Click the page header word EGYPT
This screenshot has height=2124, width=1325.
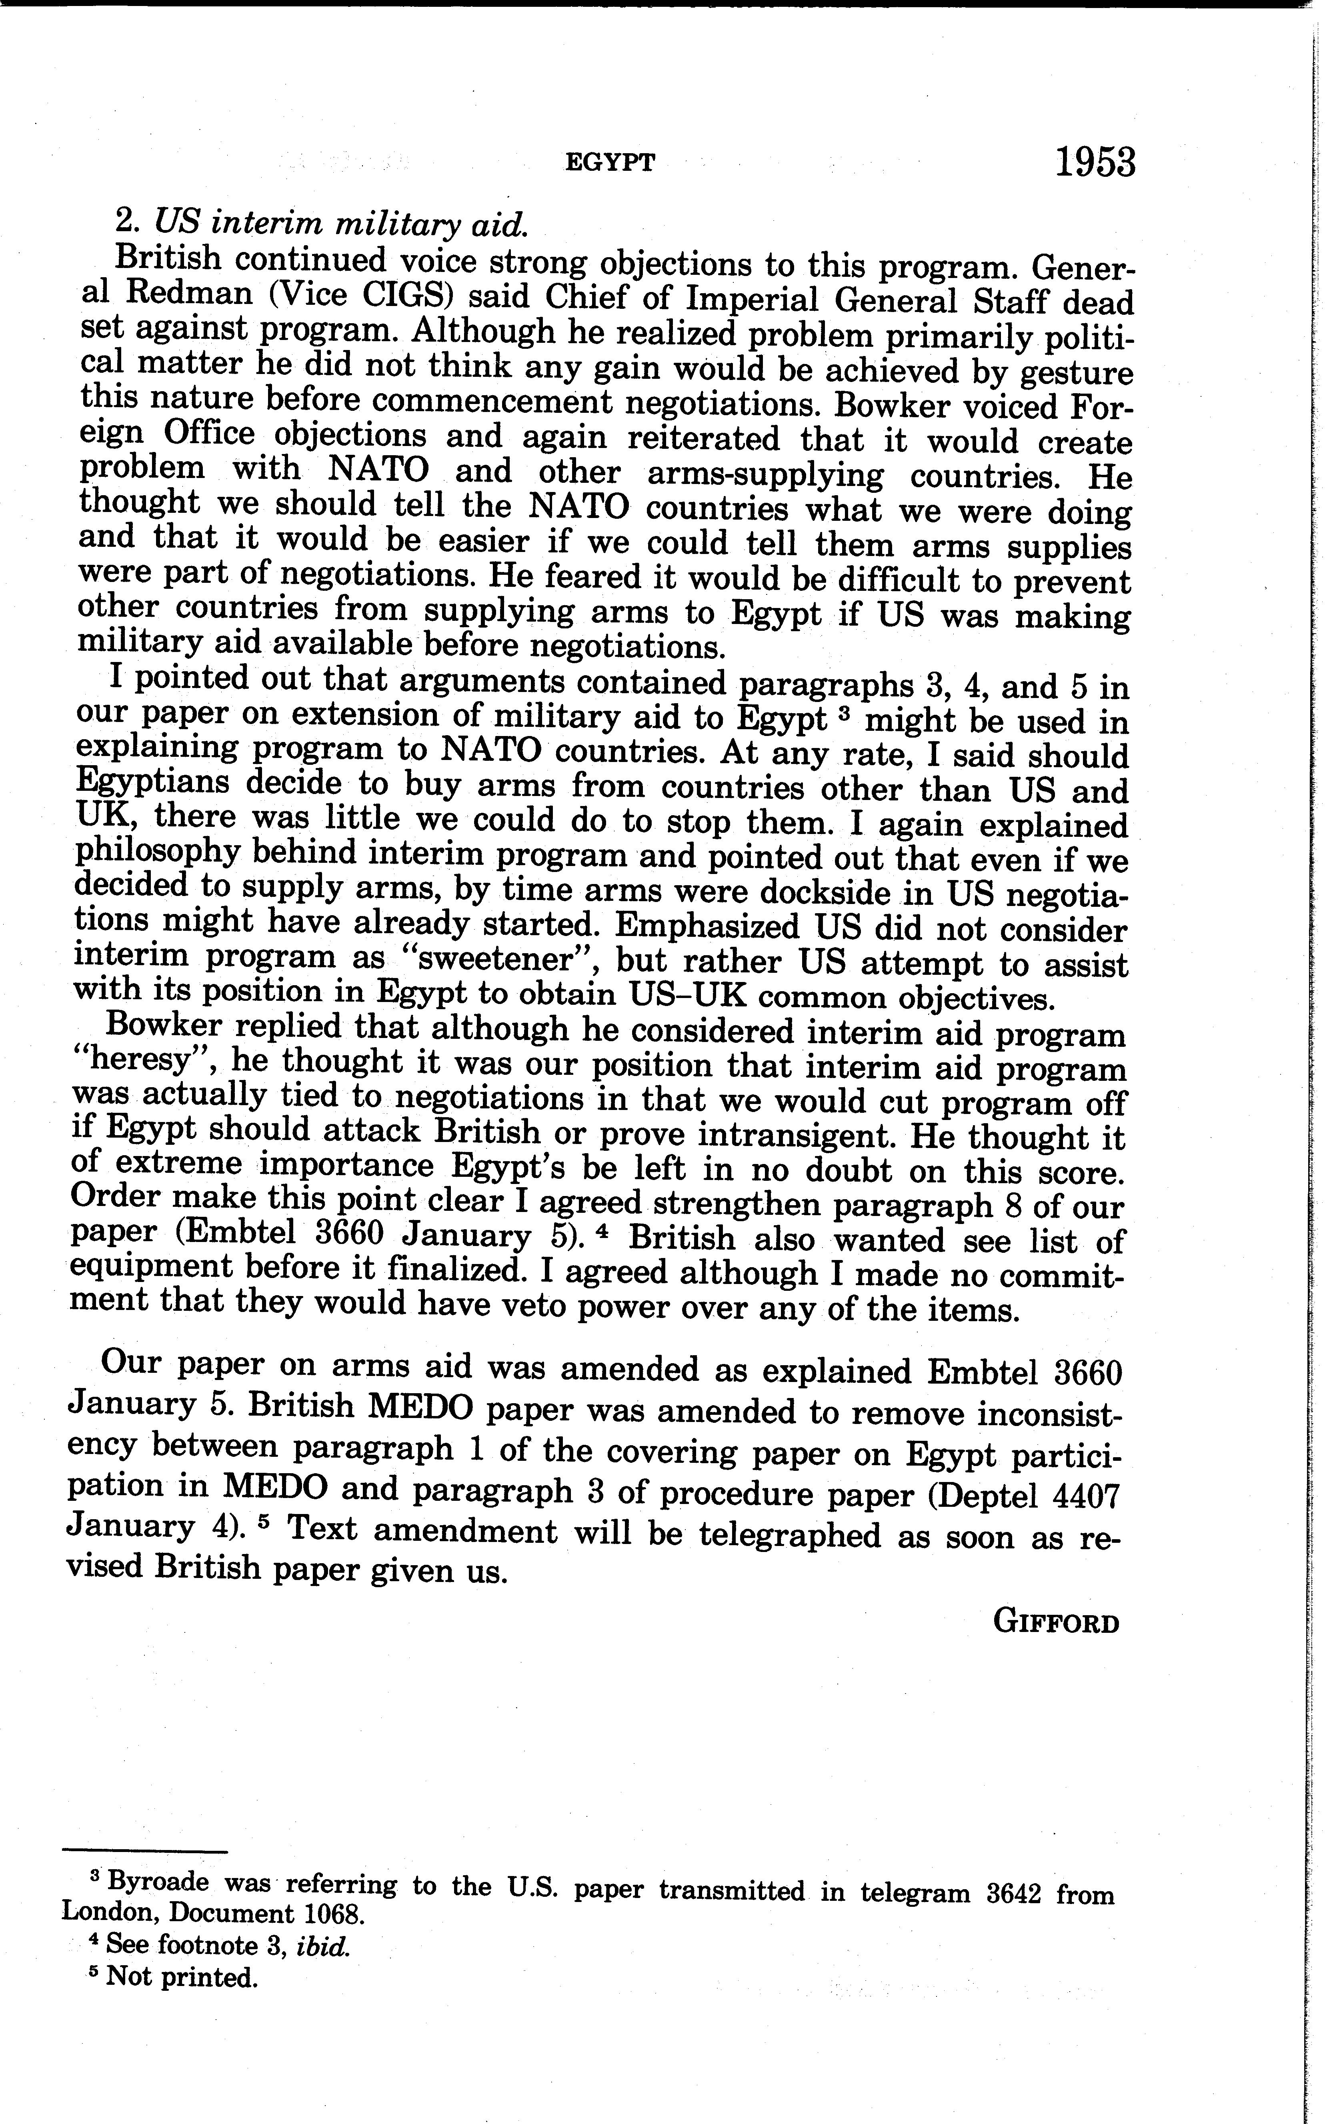(x=610, y=163)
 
